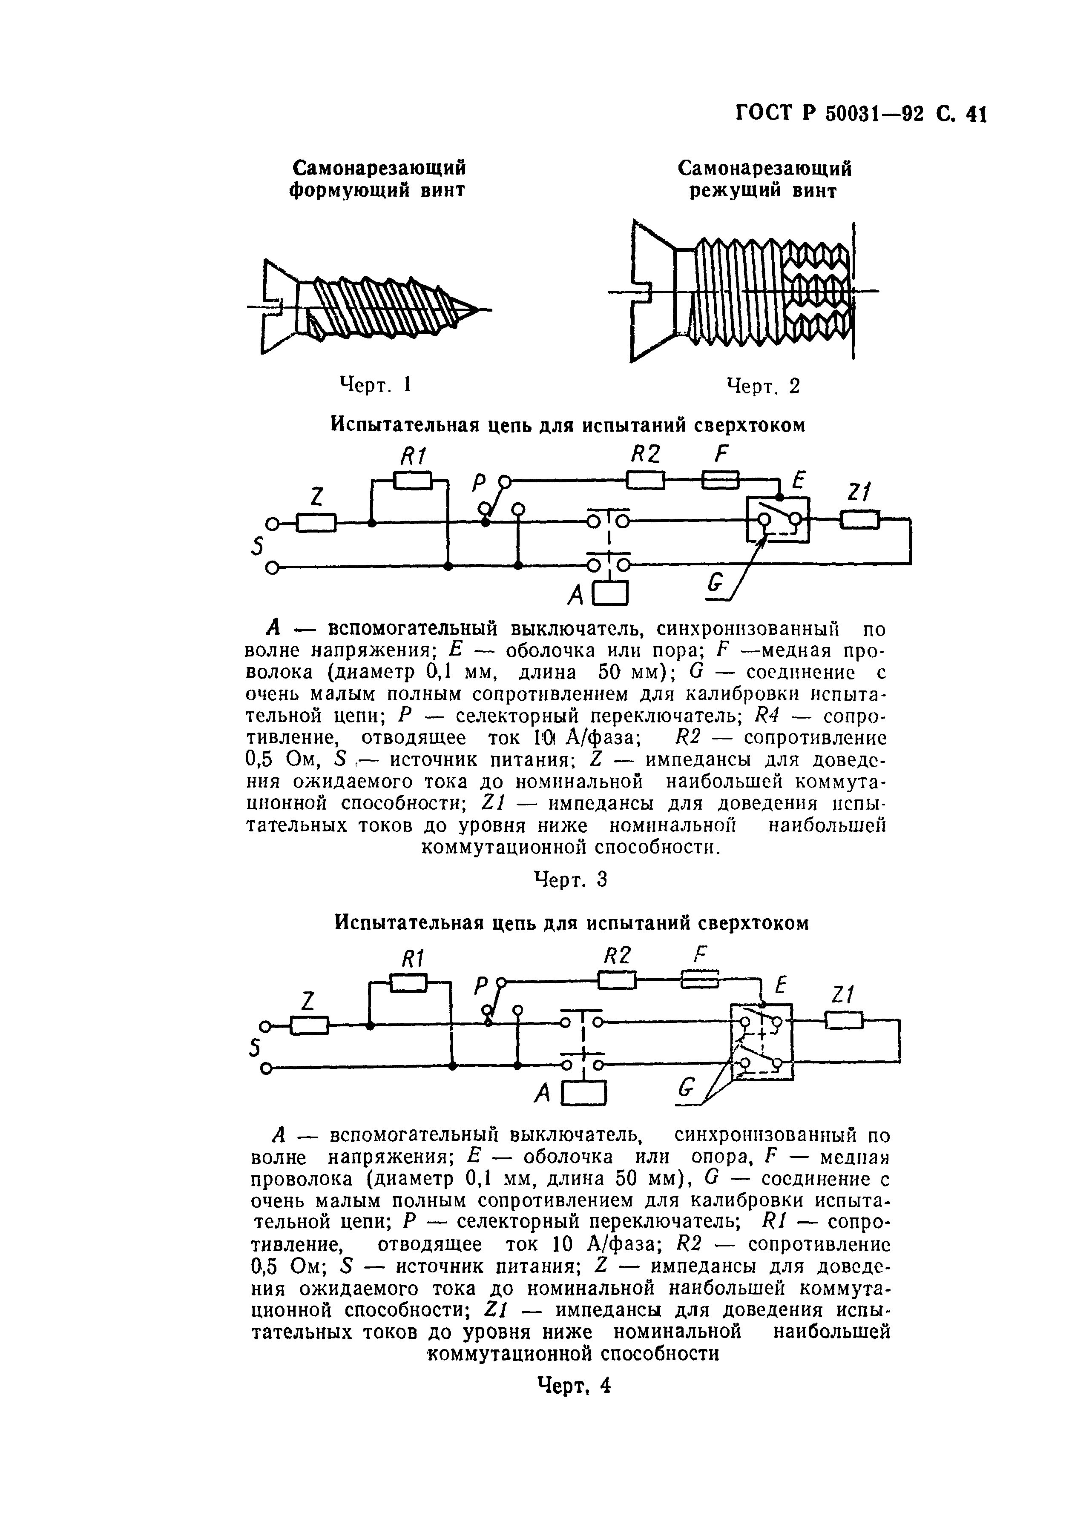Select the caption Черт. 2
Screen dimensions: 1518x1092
[763, 386]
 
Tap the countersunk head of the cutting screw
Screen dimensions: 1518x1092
[653, 291]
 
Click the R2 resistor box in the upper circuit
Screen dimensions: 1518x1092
[645, 480]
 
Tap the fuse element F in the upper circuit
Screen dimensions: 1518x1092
[720, 480]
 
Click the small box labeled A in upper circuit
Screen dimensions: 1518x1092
[611, 592]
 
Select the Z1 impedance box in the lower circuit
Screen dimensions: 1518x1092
[844, 1020]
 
